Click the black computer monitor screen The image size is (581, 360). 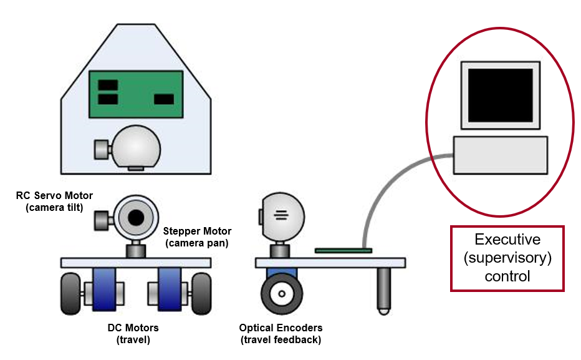tap(501, 95)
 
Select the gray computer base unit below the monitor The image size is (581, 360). tap(501, 155)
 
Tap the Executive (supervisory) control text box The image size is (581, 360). tap(507, 258)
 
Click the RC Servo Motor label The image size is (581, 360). tap(54, 202)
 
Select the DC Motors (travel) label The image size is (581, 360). tap(133, 333)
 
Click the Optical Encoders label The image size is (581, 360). tap(281, 333)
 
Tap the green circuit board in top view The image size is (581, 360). tap(137, 94)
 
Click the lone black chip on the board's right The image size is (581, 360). tap(164, 99)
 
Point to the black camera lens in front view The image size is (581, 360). tap(135, 216)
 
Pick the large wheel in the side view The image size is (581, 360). tap(282, 293)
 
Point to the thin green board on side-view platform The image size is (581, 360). tap(343, 251)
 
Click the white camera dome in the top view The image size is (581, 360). tap(136, 147)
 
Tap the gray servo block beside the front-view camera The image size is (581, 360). tap(102, 219)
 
